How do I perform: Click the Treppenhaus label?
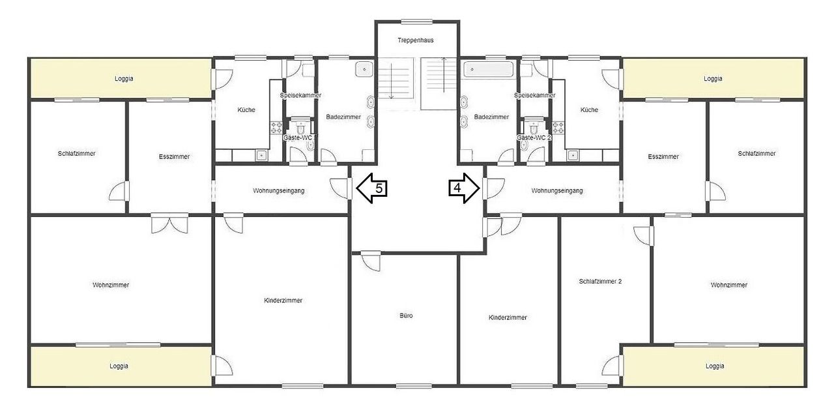point(416,40)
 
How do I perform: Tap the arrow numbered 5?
point(372,188)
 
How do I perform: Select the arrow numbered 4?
point(464,188)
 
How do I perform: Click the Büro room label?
point(406,315)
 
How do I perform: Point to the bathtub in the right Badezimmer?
point(489,70)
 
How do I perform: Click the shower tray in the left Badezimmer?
point(364,69)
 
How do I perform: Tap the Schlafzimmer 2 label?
point(600,282)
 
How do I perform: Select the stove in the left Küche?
point(276,128)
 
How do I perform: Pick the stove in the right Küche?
point(558,128)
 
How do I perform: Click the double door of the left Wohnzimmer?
point(169,224)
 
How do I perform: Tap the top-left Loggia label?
point(124,79)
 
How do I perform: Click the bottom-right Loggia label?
point(715,366)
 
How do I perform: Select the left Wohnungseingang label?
point(278,191)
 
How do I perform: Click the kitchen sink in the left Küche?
point(261,155)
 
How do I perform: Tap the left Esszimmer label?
point(174,157)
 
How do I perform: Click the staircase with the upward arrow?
point(439,84)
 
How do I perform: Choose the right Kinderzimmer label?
point(508,317)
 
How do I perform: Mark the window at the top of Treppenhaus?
point(417,22)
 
